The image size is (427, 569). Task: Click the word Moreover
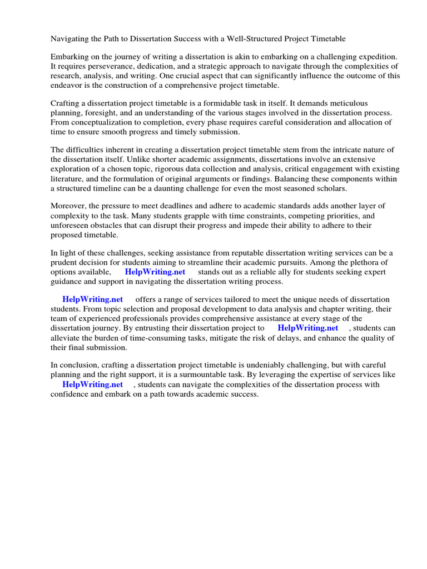click(68, 206)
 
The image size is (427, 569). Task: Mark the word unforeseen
click(71, 225)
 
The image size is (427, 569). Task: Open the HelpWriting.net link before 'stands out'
click(155, 272)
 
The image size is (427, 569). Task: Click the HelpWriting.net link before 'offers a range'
click(92, 300)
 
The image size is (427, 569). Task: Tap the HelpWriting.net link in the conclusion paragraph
click(92, 384)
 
